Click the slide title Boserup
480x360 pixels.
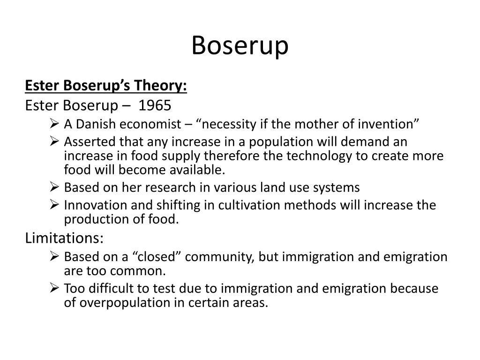click(240, 46)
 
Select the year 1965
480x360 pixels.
click(155, 105)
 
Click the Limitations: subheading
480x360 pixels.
click(64, 238)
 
